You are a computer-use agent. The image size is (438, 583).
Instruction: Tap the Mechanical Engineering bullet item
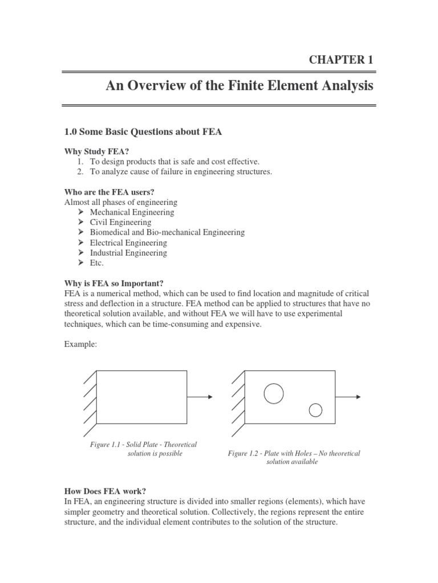coord(132,212)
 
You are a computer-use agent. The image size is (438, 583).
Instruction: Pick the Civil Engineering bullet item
coord(120,223)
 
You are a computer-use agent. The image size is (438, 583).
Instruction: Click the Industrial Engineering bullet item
coord(128,253)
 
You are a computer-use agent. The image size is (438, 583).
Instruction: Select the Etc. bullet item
coord(98,263)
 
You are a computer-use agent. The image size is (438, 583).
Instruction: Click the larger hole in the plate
coord(274,393)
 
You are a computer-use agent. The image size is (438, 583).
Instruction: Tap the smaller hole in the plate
coord(315,409)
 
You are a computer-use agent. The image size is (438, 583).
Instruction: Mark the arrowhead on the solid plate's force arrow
coord(210,397)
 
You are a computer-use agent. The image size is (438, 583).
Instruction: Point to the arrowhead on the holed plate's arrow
coord(358,397)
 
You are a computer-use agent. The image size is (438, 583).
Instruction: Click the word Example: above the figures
coord(79,344)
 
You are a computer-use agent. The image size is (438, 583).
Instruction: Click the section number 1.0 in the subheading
coord(71,132)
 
